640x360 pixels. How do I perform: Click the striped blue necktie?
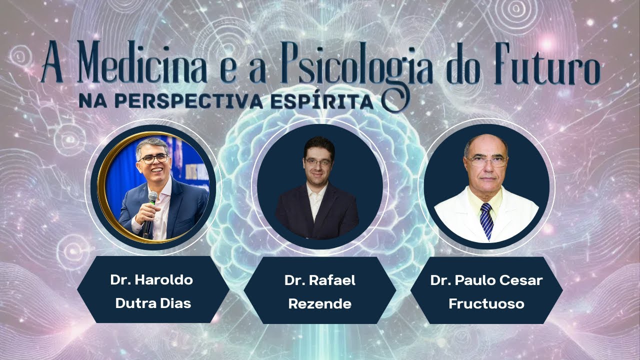(x=486, y=220)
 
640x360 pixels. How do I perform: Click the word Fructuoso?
(x=486, y=303)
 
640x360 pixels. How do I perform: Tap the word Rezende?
(x=320, y=303)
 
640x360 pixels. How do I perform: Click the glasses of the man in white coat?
(x=485, y=161)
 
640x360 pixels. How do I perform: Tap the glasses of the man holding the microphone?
(x=153, y=158)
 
